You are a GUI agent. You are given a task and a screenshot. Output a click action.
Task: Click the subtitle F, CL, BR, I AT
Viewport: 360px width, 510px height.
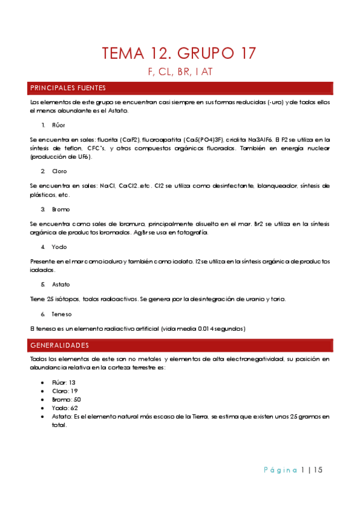point(180,72)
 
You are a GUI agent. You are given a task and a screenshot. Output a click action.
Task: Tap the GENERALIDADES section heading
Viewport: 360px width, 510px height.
point(59,345)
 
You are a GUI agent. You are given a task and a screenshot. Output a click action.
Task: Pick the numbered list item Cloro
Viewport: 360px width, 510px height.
point(60,171)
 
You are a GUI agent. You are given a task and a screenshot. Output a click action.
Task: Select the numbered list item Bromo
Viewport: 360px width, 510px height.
point(61,209)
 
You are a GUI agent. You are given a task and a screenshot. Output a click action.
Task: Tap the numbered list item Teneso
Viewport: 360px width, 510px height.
point(62,313)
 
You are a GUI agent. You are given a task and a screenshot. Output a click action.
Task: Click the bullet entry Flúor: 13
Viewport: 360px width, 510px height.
point(64,382)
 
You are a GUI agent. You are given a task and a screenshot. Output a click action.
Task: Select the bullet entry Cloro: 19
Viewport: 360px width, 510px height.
point(64,391)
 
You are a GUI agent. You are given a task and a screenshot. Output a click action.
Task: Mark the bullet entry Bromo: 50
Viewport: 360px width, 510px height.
point(66,399)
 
